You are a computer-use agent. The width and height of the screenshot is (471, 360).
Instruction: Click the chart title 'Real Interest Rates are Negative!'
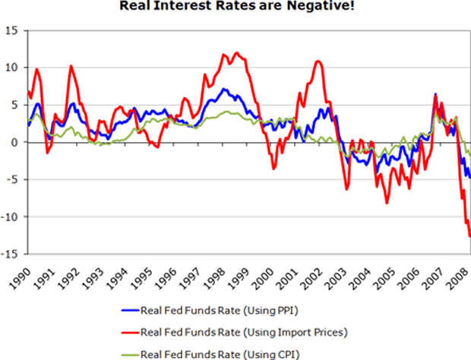coord(236,8)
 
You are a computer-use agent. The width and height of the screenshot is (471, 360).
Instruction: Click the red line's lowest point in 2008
coord(469,236)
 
